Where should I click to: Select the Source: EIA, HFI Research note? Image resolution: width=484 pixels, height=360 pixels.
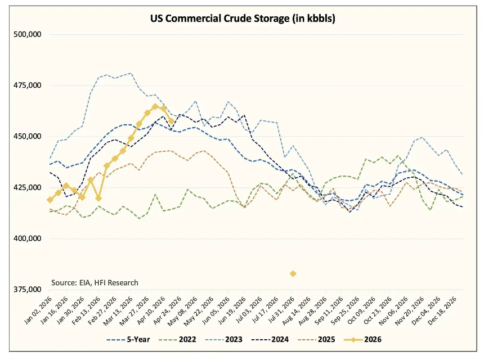coord(94,282)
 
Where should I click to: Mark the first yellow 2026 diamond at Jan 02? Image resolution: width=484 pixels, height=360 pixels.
coord(50,200)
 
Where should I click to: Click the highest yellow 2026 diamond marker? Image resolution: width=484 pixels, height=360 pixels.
coord(155,106)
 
